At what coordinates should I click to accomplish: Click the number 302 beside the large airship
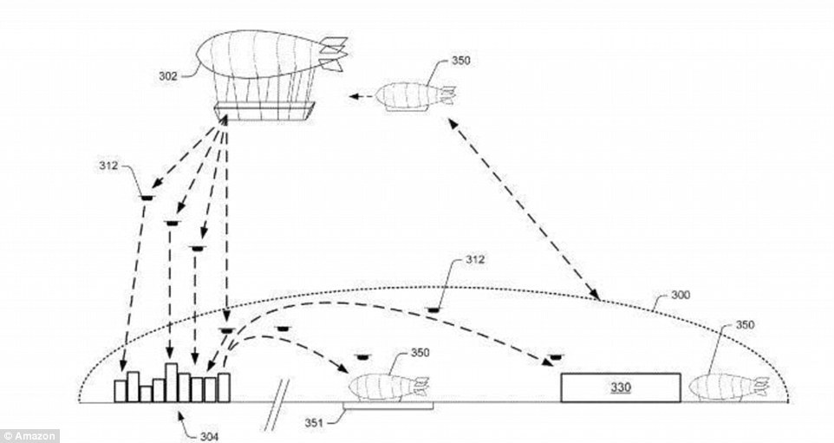tap(168, 75)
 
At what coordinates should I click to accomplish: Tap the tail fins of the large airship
tap(333, 53)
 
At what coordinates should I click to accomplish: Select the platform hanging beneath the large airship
tap(264, 110)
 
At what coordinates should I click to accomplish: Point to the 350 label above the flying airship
tap(463, 62)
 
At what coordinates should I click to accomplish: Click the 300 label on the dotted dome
tap(681, 296)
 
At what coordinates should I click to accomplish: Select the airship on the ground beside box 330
tap(726, 387)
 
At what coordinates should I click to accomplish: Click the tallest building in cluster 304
tap(171, 381)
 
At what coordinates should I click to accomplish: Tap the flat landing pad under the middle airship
tap(388, 405)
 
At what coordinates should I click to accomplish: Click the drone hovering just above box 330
tap(552, 356)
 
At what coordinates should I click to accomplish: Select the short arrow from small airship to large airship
tap(364, 97)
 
